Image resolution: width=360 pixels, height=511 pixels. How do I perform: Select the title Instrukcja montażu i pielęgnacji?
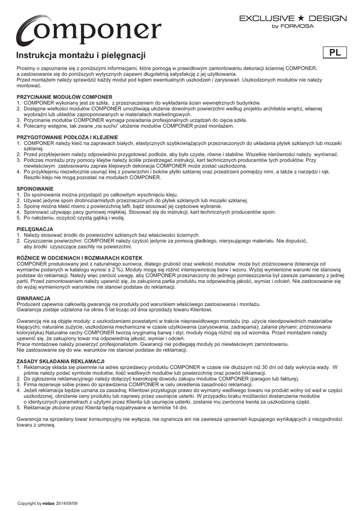81,56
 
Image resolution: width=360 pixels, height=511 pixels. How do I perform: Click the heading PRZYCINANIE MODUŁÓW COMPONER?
64,96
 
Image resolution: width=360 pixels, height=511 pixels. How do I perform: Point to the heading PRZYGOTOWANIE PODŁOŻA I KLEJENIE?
67,137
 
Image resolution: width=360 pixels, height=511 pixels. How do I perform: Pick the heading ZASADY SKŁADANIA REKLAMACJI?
60,361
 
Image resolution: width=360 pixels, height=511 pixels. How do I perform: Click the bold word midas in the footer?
48,503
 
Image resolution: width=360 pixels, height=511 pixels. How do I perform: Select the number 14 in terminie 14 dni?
176,407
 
